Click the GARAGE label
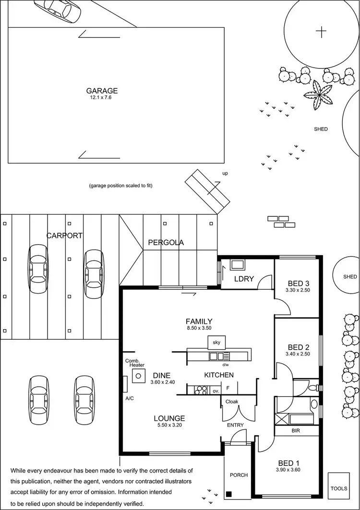pyautogui.click(x=102, y=91)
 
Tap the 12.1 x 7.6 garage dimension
pyautogui.click(x=102, y=97)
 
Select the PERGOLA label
pyautogui.click(x=166, y=242)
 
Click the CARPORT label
pyautogui.click(x=64, y=236)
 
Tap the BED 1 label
pyautogui.click(x=288, y=463)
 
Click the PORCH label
pyautogui.click(x=239, y=475)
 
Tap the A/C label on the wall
pyautogui.click(x=130, y=398)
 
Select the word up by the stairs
pyautogui.click(x=225, y=173)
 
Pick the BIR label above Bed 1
pyautogui.click(x=296, y=431)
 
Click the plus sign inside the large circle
pyautogui.click(x=321, y=32)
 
